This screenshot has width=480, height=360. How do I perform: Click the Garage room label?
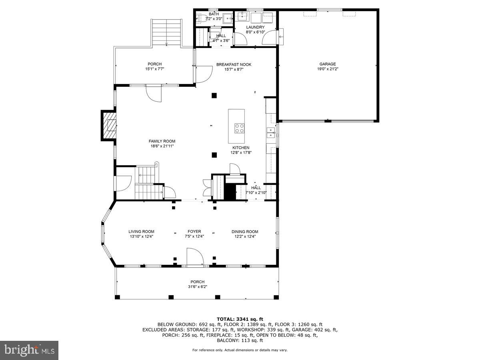pyautogui.click(x=327, y=64)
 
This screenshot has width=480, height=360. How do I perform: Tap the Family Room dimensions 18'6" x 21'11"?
pyautogui.click(x=162, y=146)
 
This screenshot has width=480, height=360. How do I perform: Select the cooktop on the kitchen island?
pyautogui.click(x=239, y=128)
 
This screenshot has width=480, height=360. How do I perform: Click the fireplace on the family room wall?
pyautogui.click(x=108, y=125)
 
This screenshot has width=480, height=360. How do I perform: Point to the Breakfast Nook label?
pyautogui.click(x=234, y=64)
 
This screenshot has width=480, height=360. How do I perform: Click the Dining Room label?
pyautogui.click(x=245, y=232)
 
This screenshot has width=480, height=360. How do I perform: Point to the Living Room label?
pyautogui.click(x=141, y=232)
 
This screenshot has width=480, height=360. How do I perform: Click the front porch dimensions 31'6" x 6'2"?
pyautogui.click(x=197, y=286)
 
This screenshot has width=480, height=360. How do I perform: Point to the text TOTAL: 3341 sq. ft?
pyautogui.click(x=240, y=318)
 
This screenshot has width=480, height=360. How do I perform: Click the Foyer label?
pyautogui.click(x=194, y=232)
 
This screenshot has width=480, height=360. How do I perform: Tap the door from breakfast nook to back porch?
pyautogui.click(x=204, y=74)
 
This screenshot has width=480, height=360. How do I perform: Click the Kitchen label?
pyautogui.click(x=241, y=148)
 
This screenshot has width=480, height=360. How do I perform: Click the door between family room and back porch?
pyautogui.click(x=154, y=94)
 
